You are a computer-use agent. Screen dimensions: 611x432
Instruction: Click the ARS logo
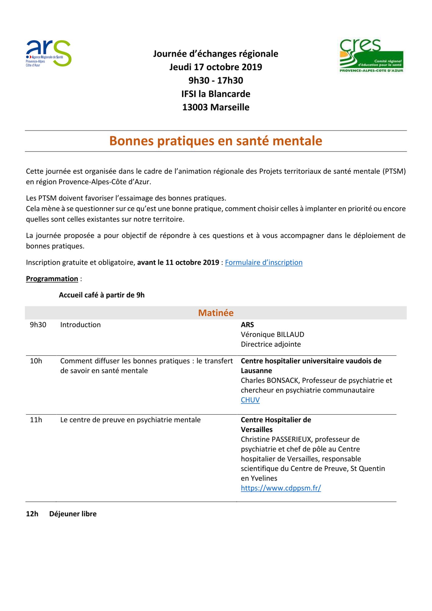point(49,53)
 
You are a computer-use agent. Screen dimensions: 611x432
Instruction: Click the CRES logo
point(372,56)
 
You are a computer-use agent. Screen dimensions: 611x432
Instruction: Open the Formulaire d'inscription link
point(263,262)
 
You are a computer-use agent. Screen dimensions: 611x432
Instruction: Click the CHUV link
point(250,400)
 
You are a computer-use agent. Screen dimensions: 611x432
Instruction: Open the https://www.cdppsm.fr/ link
point(281,488)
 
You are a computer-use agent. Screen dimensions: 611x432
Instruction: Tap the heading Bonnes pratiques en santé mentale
point(216,141)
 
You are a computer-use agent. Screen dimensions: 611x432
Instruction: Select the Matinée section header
point(216,313)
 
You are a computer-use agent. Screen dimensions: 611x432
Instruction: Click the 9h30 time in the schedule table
point(38,325)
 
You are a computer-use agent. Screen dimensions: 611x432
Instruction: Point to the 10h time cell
point(36,361)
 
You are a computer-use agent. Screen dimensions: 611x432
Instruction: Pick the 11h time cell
point(36,420)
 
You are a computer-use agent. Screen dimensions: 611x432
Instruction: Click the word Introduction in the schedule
point(80,325)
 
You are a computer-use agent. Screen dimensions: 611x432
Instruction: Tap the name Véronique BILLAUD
point(272,335)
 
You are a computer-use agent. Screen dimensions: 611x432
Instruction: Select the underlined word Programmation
point(52,279)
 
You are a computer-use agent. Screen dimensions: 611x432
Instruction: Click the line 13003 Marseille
point(216,107)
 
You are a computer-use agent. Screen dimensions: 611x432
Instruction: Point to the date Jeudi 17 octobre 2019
point(216,67)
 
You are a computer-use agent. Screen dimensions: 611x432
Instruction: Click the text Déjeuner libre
point(73,514)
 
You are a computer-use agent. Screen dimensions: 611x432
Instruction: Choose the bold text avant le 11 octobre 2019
point(178,262)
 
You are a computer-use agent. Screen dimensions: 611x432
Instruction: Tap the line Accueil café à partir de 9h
point(102,295)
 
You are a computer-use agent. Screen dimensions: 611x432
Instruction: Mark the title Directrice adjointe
point(271,344)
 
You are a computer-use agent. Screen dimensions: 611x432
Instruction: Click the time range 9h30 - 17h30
point(216,80)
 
